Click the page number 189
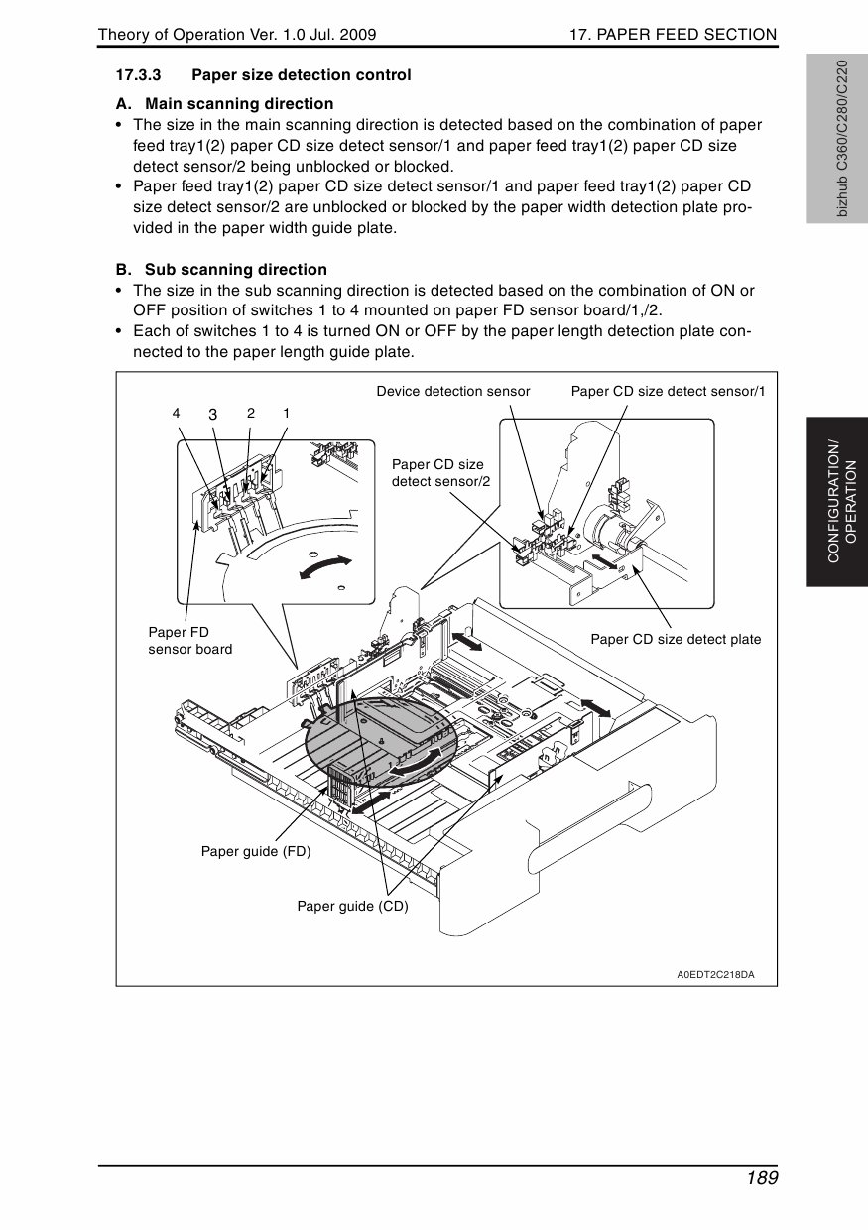758,1178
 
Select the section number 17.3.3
139,75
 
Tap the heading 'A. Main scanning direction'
224,104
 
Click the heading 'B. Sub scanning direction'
221,270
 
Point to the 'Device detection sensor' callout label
453,391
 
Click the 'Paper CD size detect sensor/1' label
668,391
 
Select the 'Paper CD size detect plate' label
676,639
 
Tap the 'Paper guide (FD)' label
256,851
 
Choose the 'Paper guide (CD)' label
352,906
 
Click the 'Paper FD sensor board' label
189,640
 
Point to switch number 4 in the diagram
176,412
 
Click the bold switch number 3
212,414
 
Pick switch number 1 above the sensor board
286,412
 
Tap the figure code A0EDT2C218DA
715,974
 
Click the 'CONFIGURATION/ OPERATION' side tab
840,501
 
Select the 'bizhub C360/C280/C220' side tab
841,139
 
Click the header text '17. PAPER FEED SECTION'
673,35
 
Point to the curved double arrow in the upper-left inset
325,566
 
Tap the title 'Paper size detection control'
301,75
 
